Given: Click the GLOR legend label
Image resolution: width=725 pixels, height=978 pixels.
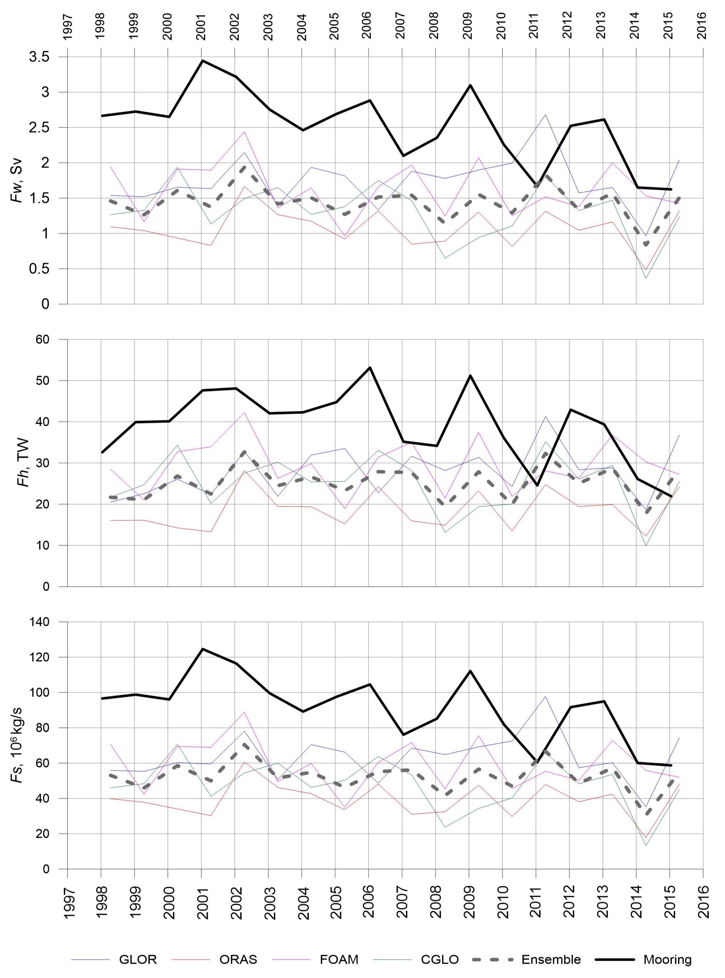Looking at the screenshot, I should click(137, 959).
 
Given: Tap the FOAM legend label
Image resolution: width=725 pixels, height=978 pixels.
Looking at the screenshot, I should click(339, 959).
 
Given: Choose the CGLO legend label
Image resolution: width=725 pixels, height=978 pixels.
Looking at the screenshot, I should click(440, 959).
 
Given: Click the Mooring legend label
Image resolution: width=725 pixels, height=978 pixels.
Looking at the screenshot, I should click(668, 959).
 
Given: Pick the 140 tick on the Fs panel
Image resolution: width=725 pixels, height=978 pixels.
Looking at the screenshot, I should click(40, 622).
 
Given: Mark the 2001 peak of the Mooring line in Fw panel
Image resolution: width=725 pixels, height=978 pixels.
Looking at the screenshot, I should click(202, 60).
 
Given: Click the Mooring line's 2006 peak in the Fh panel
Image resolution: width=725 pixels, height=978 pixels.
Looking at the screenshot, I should click(369, 367).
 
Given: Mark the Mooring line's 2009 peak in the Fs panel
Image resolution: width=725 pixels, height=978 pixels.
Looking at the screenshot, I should click(470, 671).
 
